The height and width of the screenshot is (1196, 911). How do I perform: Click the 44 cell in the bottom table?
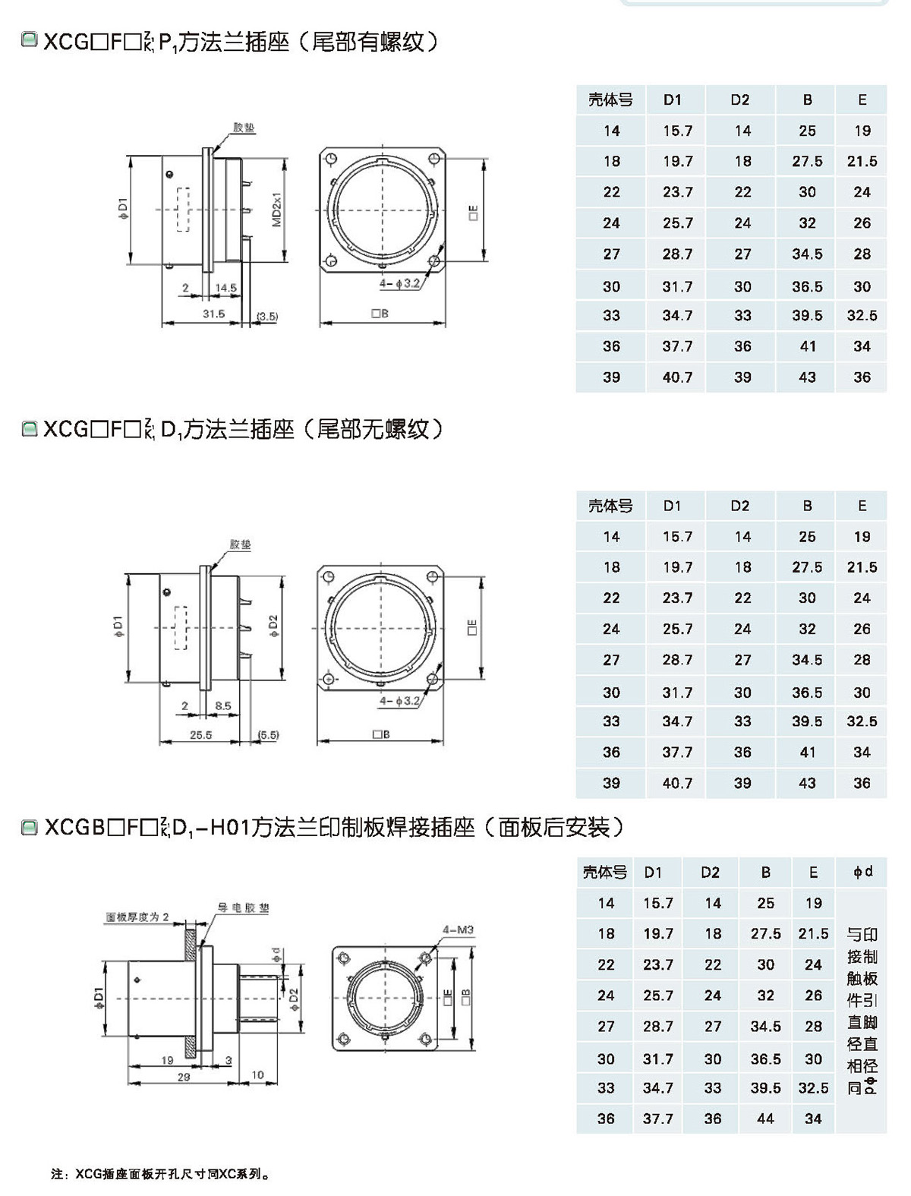(765, 1119)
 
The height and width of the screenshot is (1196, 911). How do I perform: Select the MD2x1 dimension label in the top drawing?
(277, 210)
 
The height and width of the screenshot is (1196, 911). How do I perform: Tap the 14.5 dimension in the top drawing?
(225, 289)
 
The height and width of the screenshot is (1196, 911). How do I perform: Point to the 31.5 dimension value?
(213, 314)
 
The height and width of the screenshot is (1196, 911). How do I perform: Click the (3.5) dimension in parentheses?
(267, 316)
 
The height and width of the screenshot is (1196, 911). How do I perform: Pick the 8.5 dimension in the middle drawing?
(222, 706)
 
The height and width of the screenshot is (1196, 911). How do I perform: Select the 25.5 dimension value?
(200, 735)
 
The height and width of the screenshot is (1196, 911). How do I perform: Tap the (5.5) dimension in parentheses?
(268, 735)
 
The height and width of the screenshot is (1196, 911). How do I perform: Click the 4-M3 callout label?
(459, 929)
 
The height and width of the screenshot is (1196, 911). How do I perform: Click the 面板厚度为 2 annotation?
(137, 917)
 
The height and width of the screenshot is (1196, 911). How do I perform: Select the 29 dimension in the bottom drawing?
(183, 1077)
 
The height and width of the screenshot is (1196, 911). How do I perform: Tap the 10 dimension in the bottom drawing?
(257, 1075)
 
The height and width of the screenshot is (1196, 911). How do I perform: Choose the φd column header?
(863, 872)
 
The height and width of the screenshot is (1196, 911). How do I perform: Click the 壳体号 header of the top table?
(610, 99)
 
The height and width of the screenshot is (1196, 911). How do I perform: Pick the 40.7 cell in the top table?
(677, 377)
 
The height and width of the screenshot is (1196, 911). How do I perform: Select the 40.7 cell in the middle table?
(677, 783)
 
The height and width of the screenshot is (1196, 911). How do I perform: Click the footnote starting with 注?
(160, 1174)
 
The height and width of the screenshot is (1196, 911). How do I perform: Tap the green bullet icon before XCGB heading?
(30, 827)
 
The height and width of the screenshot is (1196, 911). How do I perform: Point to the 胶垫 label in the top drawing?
(244, 128)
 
